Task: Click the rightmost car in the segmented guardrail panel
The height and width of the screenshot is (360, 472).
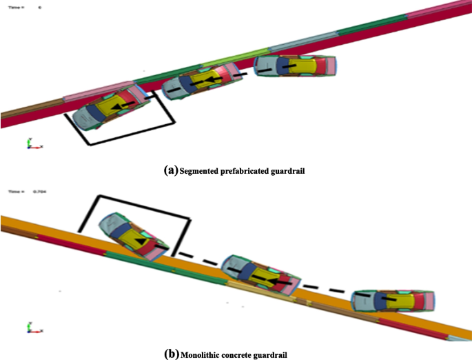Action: [x=295, y=66]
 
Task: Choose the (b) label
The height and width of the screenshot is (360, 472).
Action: [x=171, y=354]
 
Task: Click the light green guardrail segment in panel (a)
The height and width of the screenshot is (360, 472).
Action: [x=234, y=57]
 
